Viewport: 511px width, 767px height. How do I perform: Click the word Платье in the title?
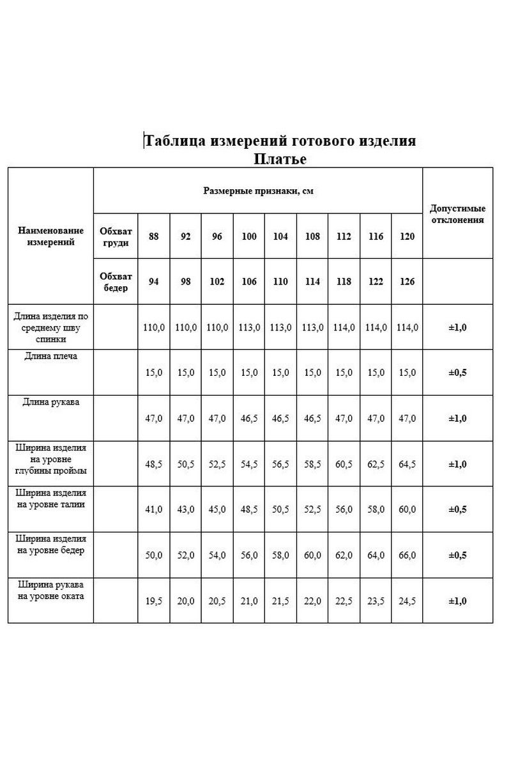coord(280,159)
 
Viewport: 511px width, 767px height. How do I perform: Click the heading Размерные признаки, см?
coord(258,190)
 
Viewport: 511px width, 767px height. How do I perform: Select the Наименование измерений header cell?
coord(51,236)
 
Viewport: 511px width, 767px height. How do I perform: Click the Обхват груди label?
coord(116,236)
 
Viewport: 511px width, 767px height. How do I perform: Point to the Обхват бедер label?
coord(116,281)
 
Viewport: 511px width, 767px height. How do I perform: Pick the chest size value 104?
coord(280,236)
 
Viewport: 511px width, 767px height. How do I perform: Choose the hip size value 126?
coord(406,281)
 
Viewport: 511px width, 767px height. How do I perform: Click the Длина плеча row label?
coord(51,356)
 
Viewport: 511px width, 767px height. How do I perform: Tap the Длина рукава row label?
coord(51,402)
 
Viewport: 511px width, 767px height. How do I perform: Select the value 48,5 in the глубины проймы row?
coord(153,465)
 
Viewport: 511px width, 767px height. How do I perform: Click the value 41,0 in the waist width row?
coord(153,509)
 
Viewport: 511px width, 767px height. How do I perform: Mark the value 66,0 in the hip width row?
coord(406,555)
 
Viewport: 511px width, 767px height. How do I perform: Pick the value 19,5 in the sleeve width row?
coord(153,601)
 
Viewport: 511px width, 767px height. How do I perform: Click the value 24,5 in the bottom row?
coord(406,601)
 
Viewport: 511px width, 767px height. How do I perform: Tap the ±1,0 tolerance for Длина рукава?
coord(457,419)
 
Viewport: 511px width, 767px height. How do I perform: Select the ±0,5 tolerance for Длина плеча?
coord(457,373)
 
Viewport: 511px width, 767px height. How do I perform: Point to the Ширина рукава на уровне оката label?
coord(51,590)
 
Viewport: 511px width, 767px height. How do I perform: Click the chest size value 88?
coord(153,236)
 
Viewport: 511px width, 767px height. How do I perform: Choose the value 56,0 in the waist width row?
coord(343,509)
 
